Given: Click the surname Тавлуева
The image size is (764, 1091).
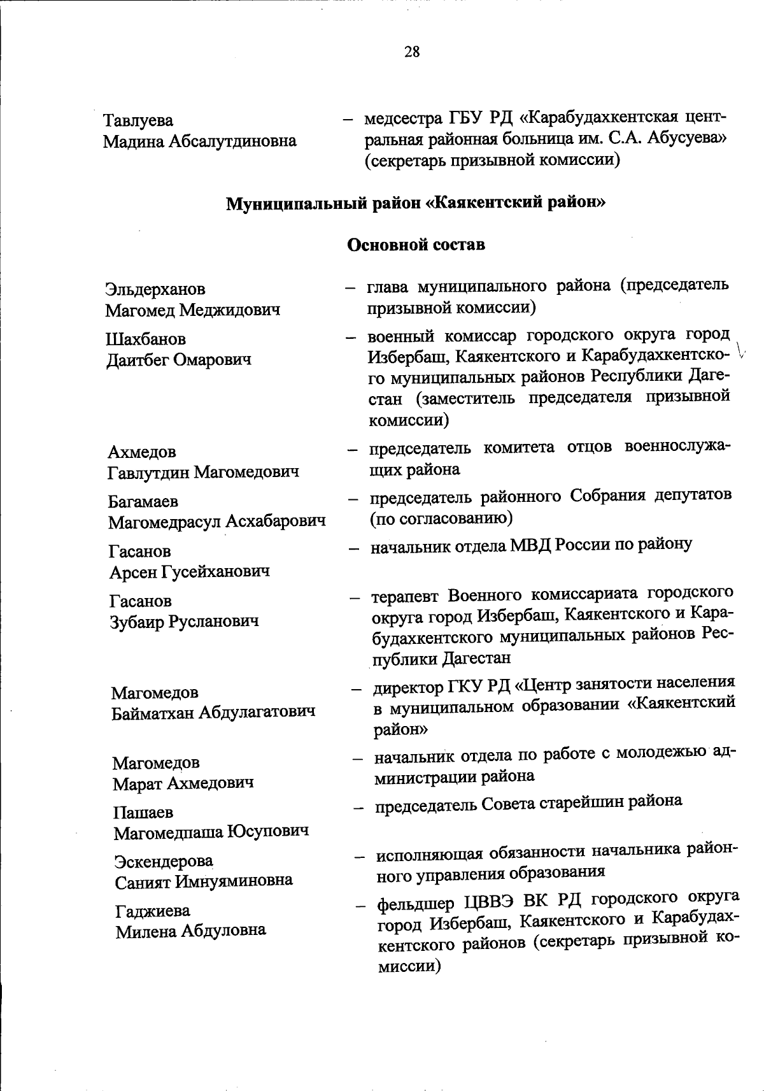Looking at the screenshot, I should tap(138, 120).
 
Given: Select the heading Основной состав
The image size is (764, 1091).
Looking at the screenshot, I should tap(416, 245).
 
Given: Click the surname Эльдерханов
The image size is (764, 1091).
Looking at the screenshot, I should tap(155, 289).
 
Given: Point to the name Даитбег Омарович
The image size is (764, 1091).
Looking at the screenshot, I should tap(178, 360).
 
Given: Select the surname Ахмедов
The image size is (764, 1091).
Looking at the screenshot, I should tap(141, 452).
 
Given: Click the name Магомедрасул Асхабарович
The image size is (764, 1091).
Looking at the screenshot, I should tap(217, 522).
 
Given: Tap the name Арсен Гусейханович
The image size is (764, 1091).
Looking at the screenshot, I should tap(189, 572).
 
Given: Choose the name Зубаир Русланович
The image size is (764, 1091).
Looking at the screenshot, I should tap(184, 621).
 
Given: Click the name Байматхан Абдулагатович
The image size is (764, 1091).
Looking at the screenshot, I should tap(213, 712).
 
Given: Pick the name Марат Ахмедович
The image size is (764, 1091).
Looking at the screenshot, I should tap(183, 783).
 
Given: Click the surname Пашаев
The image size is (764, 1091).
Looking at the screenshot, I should tap(143, 812).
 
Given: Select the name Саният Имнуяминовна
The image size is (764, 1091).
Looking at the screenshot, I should tap(204, 881).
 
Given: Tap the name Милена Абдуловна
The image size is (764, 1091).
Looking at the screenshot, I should tap(190, 931).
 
